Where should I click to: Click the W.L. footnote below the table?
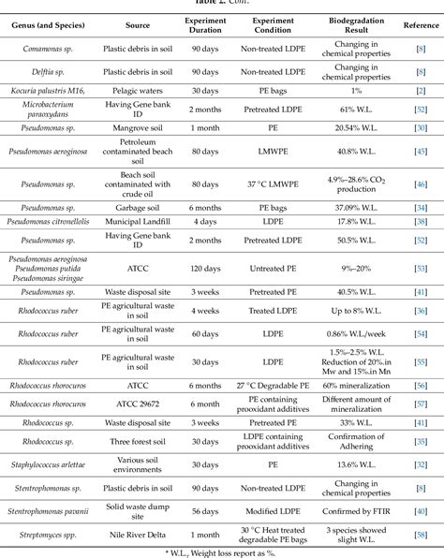click(222, 551)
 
